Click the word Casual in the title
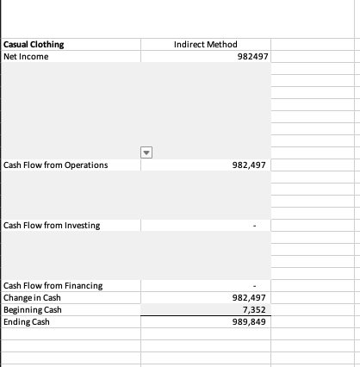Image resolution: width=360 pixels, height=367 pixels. (16, 45)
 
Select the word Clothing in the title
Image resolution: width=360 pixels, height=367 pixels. (47, 45)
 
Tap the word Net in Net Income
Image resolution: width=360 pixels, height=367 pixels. (11, 57)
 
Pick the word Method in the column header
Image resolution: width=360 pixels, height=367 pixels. (222, 45)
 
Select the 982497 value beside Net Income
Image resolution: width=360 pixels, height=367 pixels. (251, 57)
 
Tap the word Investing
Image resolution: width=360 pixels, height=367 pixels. (82, 226)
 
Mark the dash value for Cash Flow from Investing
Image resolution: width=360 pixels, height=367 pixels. (254, 226)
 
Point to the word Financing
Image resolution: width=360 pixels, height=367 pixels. (84, 286)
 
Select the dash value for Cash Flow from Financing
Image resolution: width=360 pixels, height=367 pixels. (254, 286)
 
